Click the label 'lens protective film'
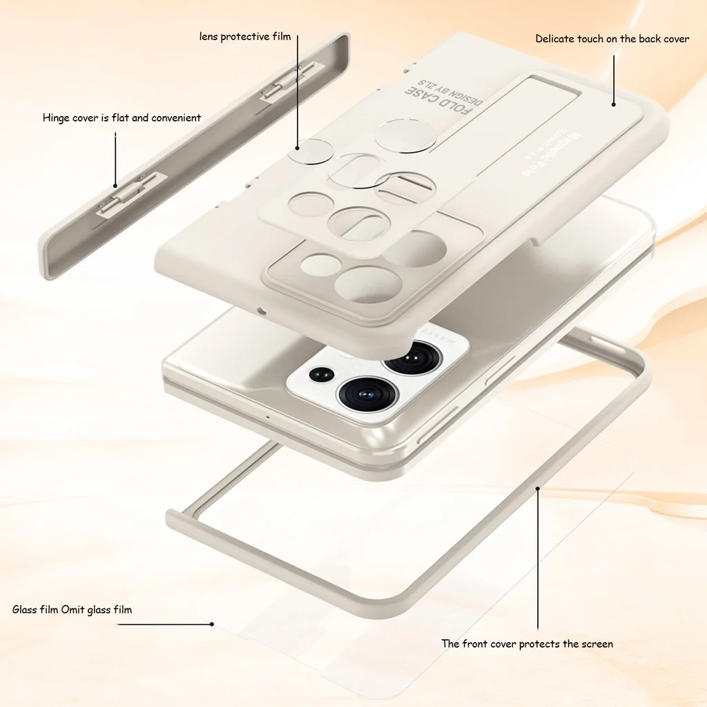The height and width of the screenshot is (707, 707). pyautogui.click(x=245, y=36)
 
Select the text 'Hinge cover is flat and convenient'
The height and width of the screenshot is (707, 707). pyautogui.click(x=122, y=118)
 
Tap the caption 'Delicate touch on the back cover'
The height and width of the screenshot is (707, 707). pyautogui.click(x=612, y=39)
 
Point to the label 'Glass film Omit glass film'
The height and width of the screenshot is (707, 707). pyautogui.click(x=72, y=610)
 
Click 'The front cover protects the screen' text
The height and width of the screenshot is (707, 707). pyautogui.click(x=527, y=644)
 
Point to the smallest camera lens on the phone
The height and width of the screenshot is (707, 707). pyautogui.click(x=320, y=375)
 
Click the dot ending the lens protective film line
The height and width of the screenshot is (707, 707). pyautogui.click(x=298, y=147)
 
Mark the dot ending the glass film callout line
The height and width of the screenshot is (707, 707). pyautogui.click(x=212, y=624)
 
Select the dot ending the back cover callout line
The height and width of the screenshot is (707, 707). pyautogui.click(x=613, y=105)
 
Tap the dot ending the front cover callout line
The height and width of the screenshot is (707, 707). pyautogui.click(x=538, y=487)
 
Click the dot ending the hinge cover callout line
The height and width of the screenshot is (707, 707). pyautogui.click(x=115, y=186)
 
